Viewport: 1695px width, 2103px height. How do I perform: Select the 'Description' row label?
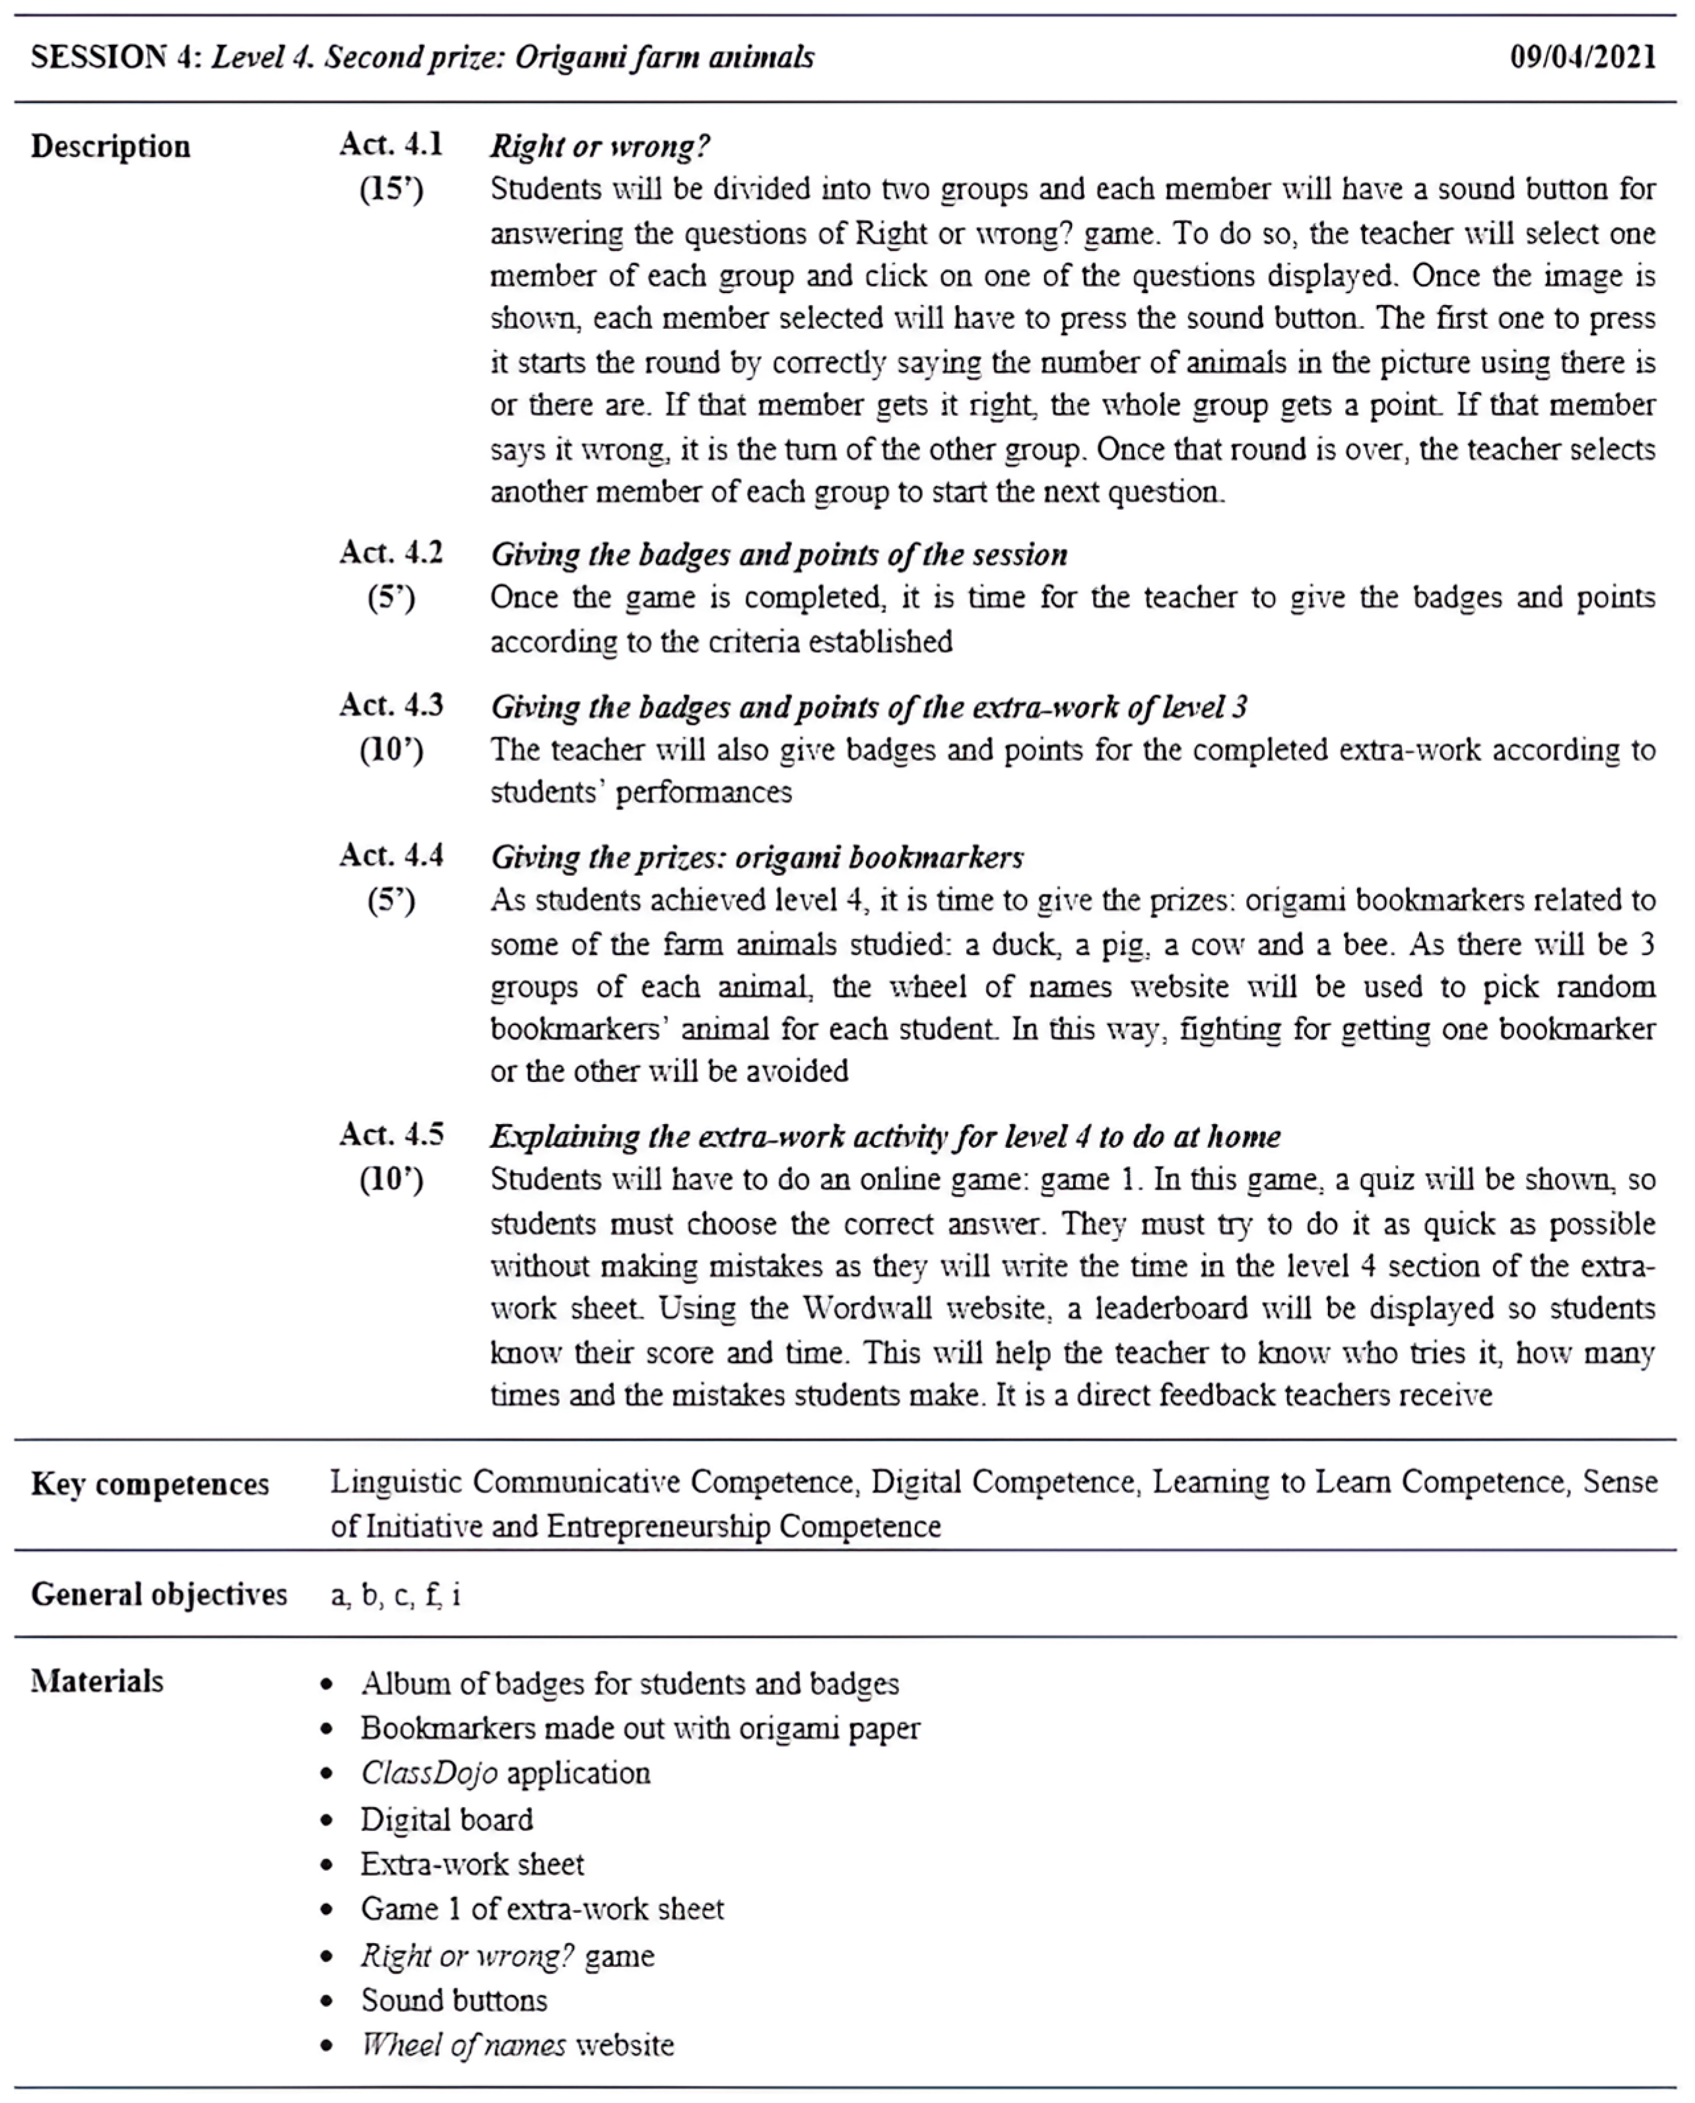pyautogui.click(x=110, y=147)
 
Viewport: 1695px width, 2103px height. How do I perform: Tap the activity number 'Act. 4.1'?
pyautogui.click(x=391, y=145)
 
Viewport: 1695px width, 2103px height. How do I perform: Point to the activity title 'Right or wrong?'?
pyautogui.click(x=599, y=147)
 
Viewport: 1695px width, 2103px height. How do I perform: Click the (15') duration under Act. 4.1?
pyautogui.click(x=391, y=188)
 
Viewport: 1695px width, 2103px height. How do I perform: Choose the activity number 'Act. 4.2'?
pyautogui.click(x=391, y=552)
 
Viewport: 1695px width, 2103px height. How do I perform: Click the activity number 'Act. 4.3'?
pyautogui.click(x=391, y=705)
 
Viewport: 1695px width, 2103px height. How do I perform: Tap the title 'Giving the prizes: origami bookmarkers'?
pyautogui.click(x=756, y=857)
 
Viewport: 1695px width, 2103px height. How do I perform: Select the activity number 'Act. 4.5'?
pyautogui.click(x=391, y=1135)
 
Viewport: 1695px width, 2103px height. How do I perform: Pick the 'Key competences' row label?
pyautogui.click(x=149, y=1484)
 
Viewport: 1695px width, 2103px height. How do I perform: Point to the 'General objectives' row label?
pyautogui.click(x=159, y=1594)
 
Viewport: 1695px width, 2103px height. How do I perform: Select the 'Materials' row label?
pyautogui.click(x=96, y=1681)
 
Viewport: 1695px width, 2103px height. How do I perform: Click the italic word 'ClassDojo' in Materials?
pyautogui.click(x=428, y=1772)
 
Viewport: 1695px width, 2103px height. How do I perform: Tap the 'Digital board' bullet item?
pyautogui.click(x=446, y=1819)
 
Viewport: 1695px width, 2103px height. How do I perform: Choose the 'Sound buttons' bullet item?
pyautogui.click(x=454, y=1999)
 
